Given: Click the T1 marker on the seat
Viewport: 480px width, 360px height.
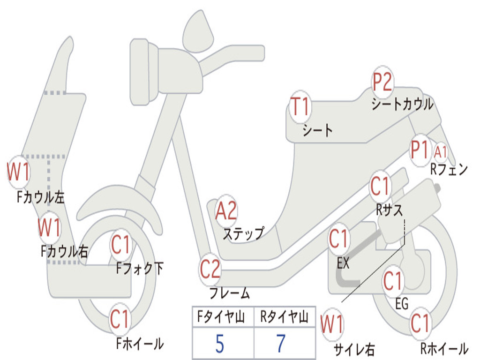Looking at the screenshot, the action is [300, 107].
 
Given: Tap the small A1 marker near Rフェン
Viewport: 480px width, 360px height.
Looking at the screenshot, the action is [441, 151].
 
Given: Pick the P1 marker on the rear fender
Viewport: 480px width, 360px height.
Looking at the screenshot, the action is [420, 150].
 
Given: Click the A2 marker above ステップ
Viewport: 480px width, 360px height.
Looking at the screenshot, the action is [226, 211].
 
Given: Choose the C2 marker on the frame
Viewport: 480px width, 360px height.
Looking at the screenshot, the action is [210, 269].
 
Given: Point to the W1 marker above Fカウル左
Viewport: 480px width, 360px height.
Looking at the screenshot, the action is [18, 172].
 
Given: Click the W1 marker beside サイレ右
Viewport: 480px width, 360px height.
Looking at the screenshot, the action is [332, 324].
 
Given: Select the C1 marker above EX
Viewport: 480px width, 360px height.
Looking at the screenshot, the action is [339, 240].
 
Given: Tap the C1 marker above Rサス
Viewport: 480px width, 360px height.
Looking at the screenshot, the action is [380, 187].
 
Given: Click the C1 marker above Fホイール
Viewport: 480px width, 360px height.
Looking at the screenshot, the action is [120, 319].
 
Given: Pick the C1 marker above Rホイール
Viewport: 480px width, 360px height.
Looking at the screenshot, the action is [420, 323].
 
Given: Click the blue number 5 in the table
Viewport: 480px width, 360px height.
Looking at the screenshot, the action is [219, 344].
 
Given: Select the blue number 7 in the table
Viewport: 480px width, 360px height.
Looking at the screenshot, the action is [281, 344].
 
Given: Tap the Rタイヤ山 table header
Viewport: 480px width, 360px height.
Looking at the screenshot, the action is [284, 317].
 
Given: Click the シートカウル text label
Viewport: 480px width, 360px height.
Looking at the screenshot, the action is [402, 104].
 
